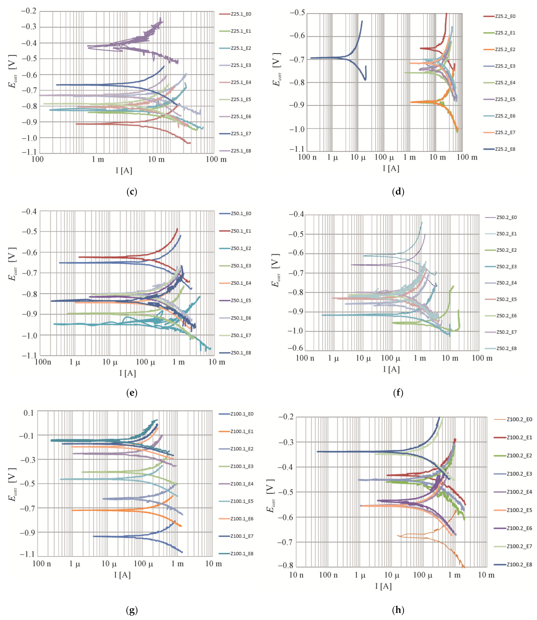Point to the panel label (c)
[132, 192]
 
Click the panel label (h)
[398, 610]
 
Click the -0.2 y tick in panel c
[28, 11]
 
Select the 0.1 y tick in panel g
[29, 413]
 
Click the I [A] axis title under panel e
[128, 373]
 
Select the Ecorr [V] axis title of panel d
[277, 70]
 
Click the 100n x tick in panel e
[43, 362]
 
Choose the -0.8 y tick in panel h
[285, 565]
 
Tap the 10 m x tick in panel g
[213, 564]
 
